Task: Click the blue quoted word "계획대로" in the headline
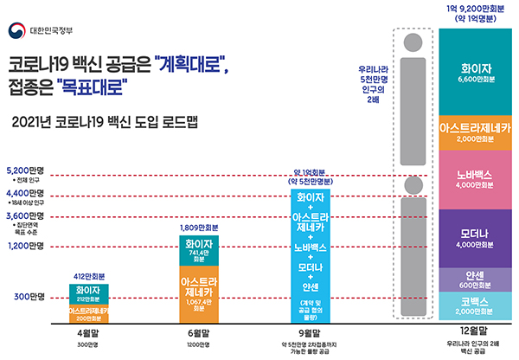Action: [x=192, y=65]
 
